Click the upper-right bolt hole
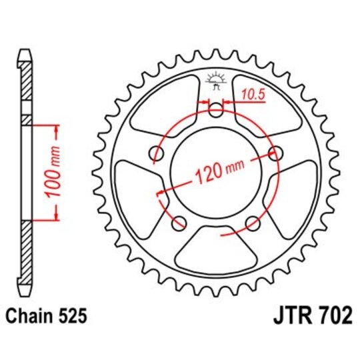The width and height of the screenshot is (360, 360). [x=275, y=153]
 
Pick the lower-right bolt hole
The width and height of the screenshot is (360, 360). [x=253, y=223]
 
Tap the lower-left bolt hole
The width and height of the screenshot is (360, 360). [x=178, y=223]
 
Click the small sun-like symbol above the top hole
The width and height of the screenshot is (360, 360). [x=215, y=77]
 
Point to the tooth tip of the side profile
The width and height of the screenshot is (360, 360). [x=25, y=53]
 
